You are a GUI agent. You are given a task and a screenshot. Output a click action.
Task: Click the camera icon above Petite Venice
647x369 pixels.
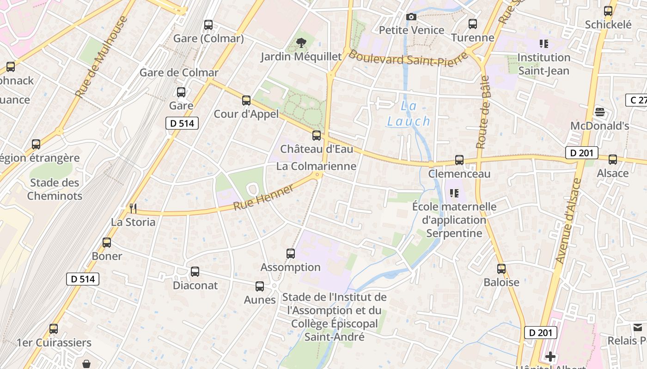(411, 17)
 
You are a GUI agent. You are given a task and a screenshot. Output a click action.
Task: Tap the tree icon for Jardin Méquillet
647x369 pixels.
(301, 43)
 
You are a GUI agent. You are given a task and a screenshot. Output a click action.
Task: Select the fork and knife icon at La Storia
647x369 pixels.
(133, 208)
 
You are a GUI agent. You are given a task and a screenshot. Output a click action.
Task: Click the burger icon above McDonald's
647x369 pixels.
(600, 112)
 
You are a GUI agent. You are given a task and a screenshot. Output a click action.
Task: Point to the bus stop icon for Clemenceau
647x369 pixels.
(459, 160)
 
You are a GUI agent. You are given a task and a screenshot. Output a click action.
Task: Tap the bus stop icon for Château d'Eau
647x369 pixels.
(317, 136)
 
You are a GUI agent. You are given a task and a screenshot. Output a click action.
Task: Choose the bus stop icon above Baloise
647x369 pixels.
(501, 268)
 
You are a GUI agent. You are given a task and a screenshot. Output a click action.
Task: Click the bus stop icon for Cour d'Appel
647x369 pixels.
(246, 100)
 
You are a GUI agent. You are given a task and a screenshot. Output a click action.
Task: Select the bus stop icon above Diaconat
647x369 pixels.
(195, 272)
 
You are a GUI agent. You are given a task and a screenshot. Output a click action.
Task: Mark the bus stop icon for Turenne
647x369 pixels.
(473, 24)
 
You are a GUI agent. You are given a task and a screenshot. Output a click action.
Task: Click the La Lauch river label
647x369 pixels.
(409, 113)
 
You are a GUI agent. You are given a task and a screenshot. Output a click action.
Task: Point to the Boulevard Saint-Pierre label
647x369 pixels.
(400, 59)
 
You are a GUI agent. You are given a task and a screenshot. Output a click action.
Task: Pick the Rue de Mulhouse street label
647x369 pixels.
(101, 57)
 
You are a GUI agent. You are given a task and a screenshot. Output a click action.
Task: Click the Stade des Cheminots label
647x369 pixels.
(55, 189)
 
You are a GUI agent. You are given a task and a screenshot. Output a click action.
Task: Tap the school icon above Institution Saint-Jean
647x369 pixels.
(544, 44)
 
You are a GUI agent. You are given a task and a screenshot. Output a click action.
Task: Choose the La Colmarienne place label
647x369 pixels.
(316, 167)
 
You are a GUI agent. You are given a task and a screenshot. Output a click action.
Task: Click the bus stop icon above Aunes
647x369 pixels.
(260, 286)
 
